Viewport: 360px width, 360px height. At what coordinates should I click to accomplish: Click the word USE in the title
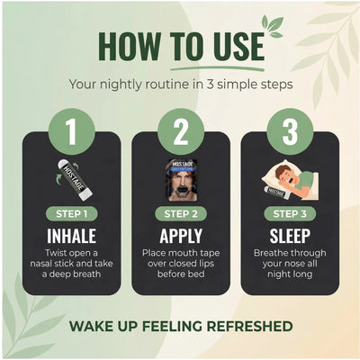point(235,47)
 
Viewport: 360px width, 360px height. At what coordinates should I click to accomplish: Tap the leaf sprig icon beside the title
point(273,26)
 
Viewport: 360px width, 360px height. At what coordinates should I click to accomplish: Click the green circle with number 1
point(72,131)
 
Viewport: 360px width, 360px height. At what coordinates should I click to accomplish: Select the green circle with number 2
point(181,131)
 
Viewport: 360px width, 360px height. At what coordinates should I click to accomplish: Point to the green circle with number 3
point(290,131)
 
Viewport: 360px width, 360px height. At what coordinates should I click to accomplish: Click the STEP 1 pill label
point(72,214)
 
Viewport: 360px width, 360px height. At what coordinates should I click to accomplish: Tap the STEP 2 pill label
point(181,214)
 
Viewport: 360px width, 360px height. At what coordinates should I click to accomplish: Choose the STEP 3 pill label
point(290,214)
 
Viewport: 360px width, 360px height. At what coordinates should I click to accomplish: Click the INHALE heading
point(72,236)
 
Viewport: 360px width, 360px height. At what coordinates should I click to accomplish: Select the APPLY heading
point(181,237)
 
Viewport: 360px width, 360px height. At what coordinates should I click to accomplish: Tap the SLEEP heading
point(290,236)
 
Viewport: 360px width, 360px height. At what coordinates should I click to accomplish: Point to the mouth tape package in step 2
point(182,180)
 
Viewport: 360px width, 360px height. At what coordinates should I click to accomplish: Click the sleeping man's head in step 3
point(284,175)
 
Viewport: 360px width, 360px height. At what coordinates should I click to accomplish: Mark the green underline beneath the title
point(218,68)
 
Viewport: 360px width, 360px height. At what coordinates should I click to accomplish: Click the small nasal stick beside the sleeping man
point(276,193)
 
